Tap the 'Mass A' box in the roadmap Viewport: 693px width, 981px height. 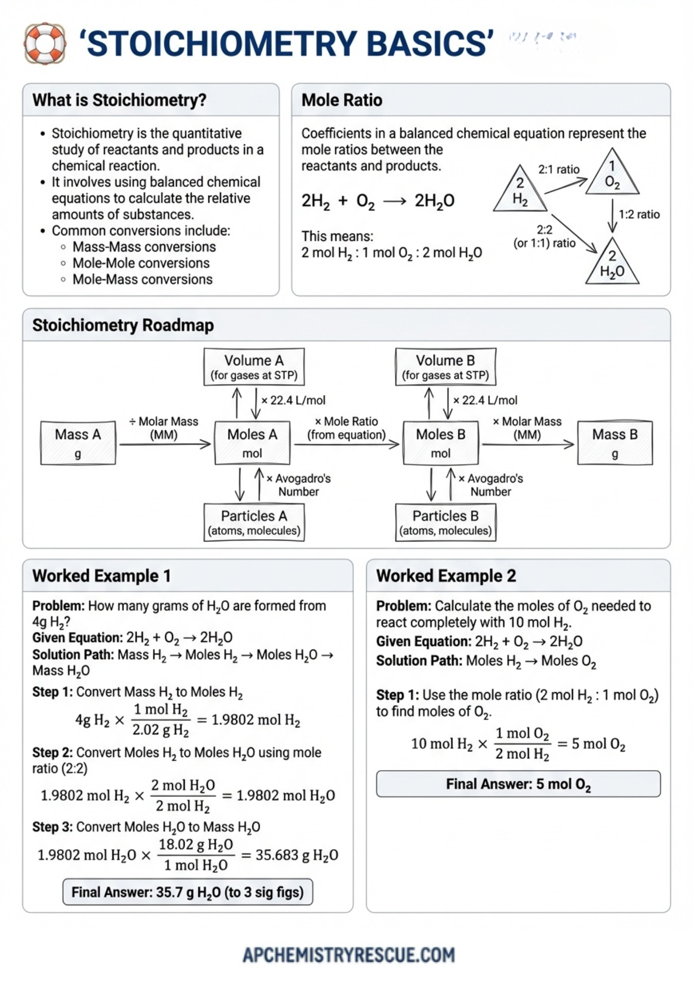click(x=78, y=442)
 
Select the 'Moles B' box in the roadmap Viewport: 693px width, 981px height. click(x=440, y=442)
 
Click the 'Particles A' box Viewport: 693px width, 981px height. click(x=254, y=522)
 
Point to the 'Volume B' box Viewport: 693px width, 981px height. click(x=445, y=366)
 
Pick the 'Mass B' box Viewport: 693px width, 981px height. click(x=615, y=442)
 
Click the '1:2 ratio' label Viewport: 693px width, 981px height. click(x=639, y=214)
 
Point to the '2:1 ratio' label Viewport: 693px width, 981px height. click(x=559, y=170)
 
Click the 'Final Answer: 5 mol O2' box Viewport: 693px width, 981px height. click(x=518, y=784)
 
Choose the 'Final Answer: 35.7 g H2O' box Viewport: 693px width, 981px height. click(x=188, y=892)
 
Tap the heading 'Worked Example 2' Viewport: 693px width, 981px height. click(x=446, y=575)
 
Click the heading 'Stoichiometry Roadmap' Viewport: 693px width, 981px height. click(x=123, y=325)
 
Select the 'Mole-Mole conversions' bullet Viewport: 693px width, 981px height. click(x=141, y=263)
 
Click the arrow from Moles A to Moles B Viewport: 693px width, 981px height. click(x=346, y=444)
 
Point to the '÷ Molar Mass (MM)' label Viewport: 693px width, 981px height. click(x=164, y=428)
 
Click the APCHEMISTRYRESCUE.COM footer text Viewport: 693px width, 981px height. click(x=348, y=954)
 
